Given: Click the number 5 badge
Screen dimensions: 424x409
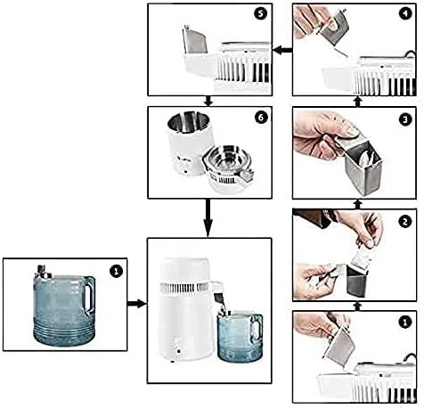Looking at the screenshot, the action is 260,14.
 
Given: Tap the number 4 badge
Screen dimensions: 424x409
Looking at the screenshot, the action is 405,14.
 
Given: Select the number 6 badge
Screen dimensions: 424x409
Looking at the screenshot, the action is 260,118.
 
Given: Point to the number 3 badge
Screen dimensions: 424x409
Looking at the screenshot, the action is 405,120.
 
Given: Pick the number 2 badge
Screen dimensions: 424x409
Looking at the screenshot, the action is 405,222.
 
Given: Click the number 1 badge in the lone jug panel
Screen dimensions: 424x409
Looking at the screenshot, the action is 116,271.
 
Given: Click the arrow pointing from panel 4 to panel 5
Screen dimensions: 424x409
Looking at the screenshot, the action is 282,51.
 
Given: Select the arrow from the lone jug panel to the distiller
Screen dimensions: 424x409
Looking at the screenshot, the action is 137,304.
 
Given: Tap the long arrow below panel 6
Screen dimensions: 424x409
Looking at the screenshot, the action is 208,218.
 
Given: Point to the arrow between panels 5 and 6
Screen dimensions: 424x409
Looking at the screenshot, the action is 208,101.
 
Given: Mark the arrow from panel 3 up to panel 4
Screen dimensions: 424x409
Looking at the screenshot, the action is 357,102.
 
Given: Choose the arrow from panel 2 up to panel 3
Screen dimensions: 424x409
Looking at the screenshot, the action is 357,204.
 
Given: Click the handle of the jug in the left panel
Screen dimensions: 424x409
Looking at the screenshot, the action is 89,295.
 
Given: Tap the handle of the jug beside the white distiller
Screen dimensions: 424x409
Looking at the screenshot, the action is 257,328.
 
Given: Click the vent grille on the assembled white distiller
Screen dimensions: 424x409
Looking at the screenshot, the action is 184,288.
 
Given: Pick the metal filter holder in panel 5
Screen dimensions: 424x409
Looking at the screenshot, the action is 195,40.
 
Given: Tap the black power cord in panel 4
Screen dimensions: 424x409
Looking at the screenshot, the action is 411,54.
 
